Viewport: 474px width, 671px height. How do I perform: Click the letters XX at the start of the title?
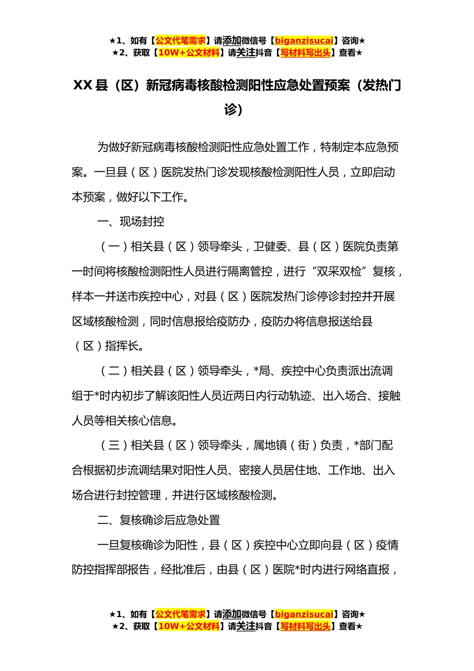click(83, 86)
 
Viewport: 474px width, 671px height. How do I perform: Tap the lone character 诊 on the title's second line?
click(231, 110)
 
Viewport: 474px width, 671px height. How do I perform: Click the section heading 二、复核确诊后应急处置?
click(159, 520)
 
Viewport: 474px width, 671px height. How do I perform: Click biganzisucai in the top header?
click(304, 41)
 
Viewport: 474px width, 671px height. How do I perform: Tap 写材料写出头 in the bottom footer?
click(305, 626)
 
